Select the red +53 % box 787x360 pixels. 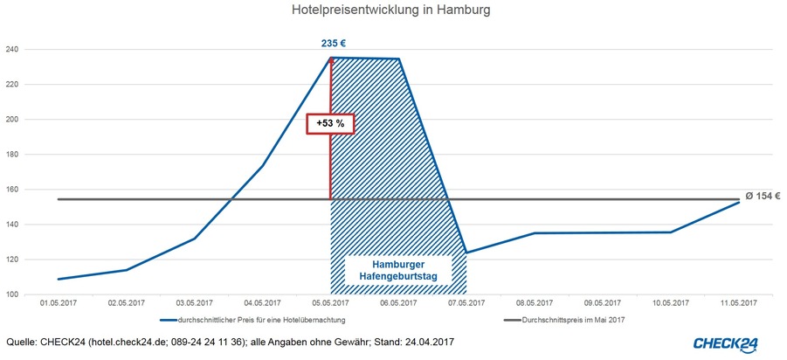click(330, 124)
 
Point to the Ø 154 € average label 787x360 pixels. click(763, 196)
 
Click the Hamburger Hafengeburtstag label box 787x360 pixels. click(397, 270)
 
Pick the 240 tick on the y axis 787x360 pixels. click(13, 50)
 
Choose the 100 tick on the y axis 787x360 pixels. click(13, 294)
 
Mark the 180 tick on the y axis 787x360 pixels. click(13, 155)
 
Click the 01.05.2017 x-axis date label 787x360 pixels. click(58, 303)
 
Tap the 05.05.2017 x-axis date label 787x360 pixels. click(329, 303)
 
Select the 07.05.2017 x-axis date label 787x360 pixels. click(466, 303)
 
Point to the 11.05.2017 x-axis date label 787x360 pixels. click(738, 303)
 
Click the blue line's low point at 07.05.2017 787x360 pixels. click(466, 253)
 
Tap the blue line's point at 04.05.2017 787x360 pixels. click(262, 165)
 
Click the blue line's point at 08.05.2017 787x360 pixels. click(535, 233)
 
